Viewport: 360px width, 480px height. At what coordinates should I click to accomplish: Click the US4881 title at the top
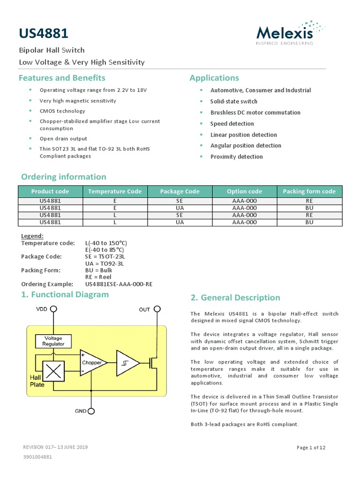[x=44, y=33]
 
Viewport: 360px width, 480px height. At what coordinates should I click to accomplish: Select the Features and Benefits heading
[x=62, y=78]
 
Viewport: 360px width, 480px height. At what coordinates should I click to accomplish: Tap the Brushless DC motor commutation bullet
[x=255, y=112]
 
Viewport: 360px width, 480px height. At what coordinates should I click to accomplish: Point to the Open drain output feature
[x=63, y=139]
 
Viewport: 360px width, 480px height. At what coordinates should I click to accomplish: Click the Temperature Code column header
[x=114, y=191]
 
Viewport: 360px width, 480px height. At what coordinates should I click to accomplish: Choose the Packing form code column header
[x=309, y=191]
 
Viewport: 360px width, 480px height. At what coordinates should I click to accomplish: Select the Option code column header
[x=244, y=191]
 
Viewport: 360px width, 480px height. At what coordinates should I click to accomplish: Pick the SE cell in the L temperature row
[x=180, y=215]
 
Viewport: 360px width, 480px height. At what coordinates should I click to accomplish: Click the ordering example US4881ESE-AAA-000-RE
[x=119, y=284]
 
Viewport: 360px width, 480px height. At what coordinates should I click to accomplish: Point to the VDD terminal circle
[x=54, y=309]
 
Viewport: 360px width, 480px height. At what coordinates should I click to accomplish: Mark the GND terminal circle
[x=91, y=411]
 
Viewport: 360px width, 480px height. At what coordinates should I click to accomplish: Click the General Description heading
[x=235, y=298]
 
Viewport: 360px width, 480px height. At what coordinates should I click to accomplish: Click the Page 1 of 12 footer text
[x=311, y=448]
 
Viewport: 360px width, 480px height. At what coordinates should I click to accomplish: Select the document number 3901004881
[x=37, y=457]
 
